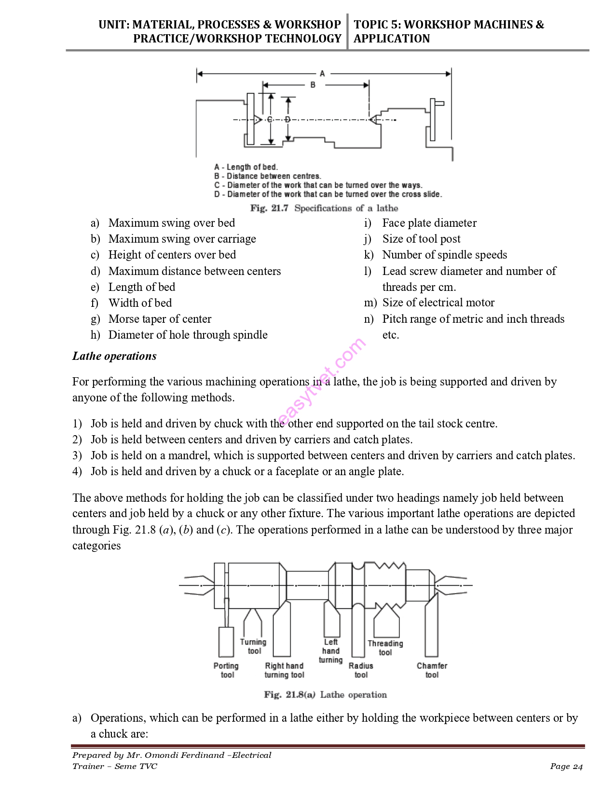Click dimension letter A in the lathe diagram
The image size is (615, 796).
(x=322, y=74)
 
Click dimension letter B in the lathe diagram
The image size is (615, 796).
(x=313, y=85)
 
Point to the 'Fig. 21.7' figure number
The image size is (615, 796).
(x=269, y=208)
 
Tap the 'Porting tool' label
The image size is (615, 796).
(x=226, y=670)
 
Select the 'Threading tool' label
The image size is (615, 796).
(x=385, y=648)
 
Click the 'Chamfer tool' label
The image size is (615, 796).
(x=432, y=670)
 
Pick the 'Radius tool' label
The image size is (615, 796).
(x=361, y=670)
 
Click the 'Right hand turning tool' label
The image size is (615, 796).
(x=284, y=670)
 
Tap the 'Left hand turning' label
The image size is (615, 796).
(x=331, y=651)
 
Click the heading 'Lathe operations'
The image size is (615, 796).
(x=114, y=356)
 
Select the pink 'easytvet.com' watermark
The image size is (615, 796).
(x=322, y=382)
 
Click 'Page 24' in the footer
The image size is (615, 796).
(x=566, y=767)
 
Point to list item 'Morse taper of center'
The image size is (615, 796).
(x=160, y=319)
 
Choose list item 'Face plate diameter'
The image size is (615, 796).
(x=429, y=223)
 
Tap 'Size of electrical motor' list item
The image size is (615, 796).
(x=438, y=302)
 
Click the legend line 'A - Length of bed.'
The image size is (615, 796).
(x=246, y=167)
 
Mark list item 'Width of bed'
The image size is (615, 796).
(x=140, y=303)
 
